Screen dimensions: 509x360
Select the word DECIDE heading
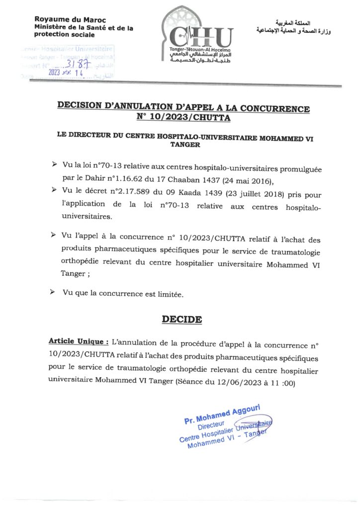pos(182,320)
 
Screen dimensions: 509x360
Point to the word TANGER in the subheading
pos(184,146)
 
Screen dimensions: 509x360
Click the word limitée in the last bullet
pos(169,295)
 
